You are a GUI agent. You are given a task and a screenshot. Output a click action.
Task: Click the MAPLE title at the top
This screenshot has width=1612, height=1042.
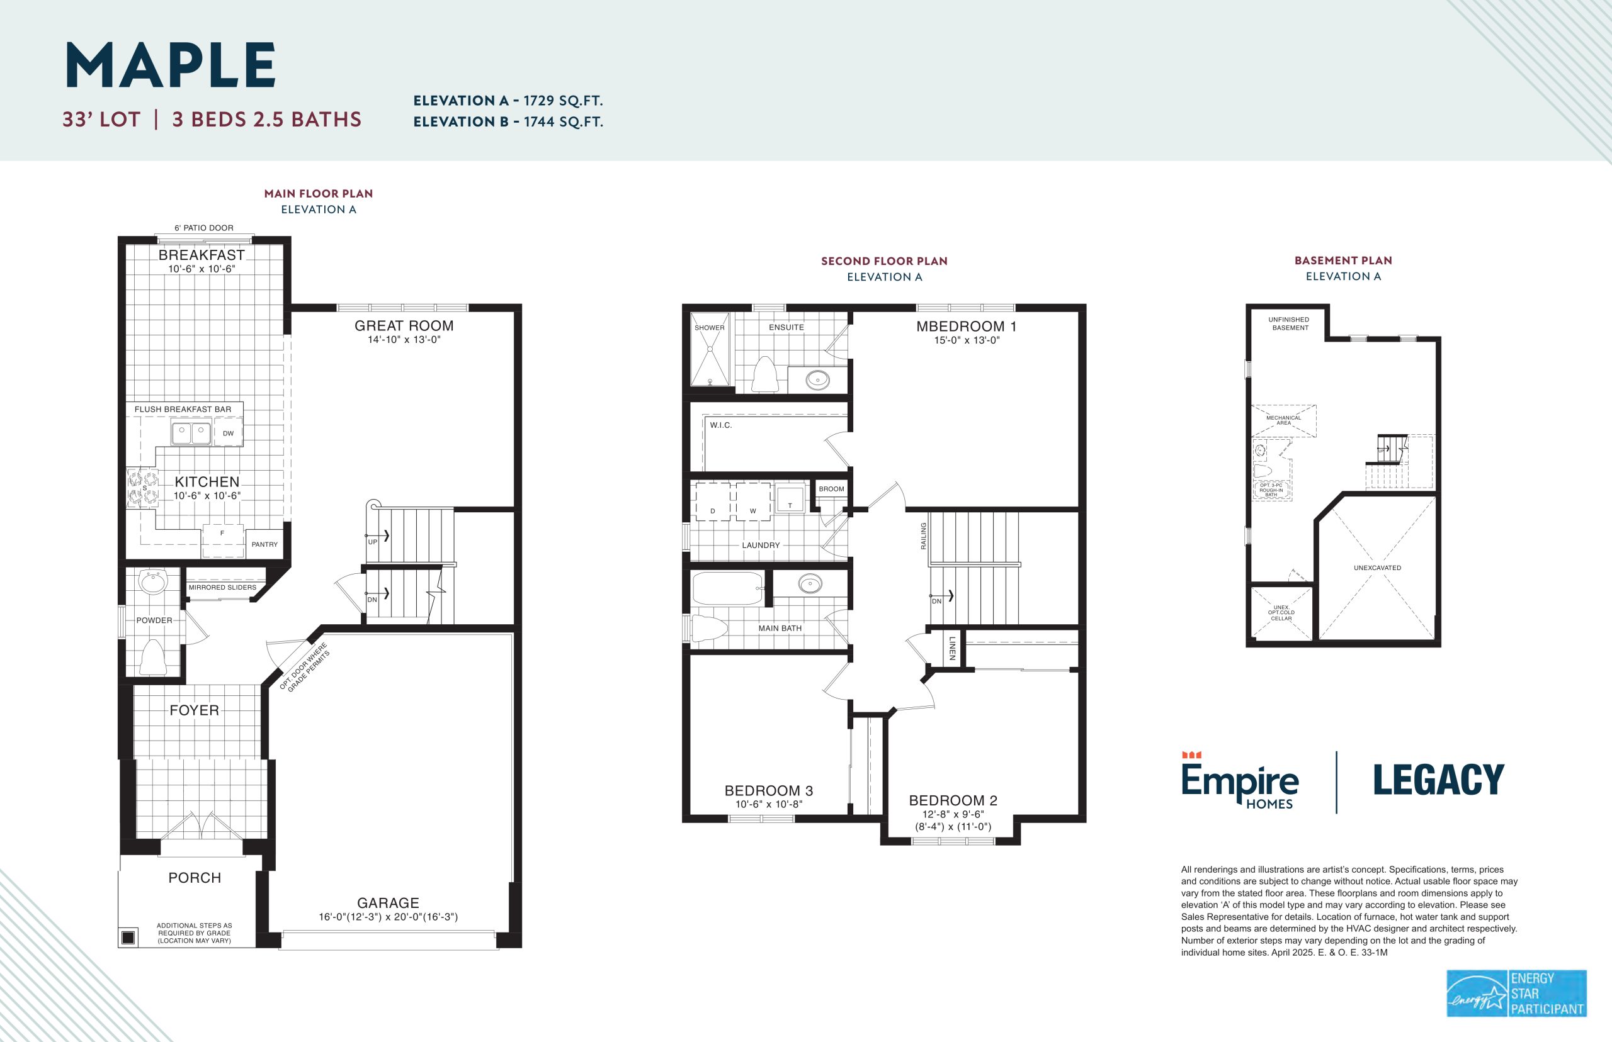(171, 65)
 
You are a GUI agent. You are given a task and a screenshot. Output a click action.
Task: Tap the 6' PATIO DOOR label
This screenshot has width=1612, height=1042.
(204, 228)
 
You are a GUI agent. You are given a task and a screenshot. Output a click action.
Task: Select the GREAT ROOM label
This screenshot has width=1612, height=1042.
(404, 325)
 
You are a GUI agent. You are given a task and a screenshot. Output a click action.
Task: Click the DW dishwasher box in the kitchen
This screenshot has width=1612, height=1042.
(228, 433)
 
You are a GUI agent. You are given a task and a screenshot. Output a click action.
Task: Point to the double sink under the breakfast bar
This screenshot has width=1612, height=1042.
(191, 432)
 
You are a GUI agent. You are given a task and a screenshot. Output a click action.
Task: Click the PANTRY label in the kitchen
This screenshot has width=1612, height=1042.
(264, 544)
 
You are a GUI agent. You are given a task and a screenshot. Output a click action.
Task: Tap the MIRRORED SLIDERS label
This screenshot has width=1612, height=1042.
(222, 587)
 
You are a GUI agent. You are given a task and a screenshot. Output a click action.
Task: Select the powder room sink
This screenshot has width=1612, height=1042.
(152, 581)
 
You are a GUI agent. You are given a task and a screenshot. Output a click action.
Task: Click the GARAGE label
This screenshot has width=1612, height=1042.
(388, 902)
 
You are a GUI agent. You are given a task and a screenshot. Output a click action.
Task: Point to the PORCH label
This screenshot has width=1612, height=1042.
(195, 878)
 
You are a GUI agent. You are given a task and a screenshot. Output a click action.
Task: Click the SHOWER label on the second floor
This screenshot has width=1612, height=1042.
(710, 327)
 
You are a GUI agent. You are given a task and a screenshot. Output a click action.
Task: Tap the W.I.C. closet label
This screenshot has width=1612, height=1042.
(721, 425)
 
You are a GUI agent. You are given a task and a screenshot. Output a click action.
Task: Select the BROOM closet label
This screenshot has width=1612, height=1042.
(831, 488)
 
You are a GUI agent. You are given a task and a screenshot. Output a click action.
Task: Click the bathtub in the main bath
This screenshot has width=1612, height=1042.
(728, 588)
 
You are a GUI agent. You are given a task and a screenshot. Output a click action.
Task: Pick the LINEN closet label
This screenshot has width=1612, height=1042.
(952, 648)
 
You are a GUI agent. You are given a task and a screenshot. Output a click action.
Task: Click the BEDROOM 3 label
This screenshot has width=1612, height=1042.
(768, 790)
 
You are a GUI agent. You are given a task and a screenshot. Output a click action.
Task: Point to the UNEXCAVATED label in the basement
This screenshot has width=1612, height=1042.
(1377, 568)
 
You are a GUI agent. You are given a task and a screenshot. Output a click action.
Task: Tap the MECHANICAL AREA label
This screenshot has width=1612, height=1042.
(1284, 420)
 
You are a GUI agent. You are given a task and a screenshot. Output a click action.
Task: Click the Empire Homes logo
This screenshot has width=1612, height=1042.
(1240, 780)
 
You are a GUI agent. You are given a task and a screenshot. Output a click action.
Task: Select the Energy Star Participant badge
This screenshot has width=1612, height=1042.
(1516, 994)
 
